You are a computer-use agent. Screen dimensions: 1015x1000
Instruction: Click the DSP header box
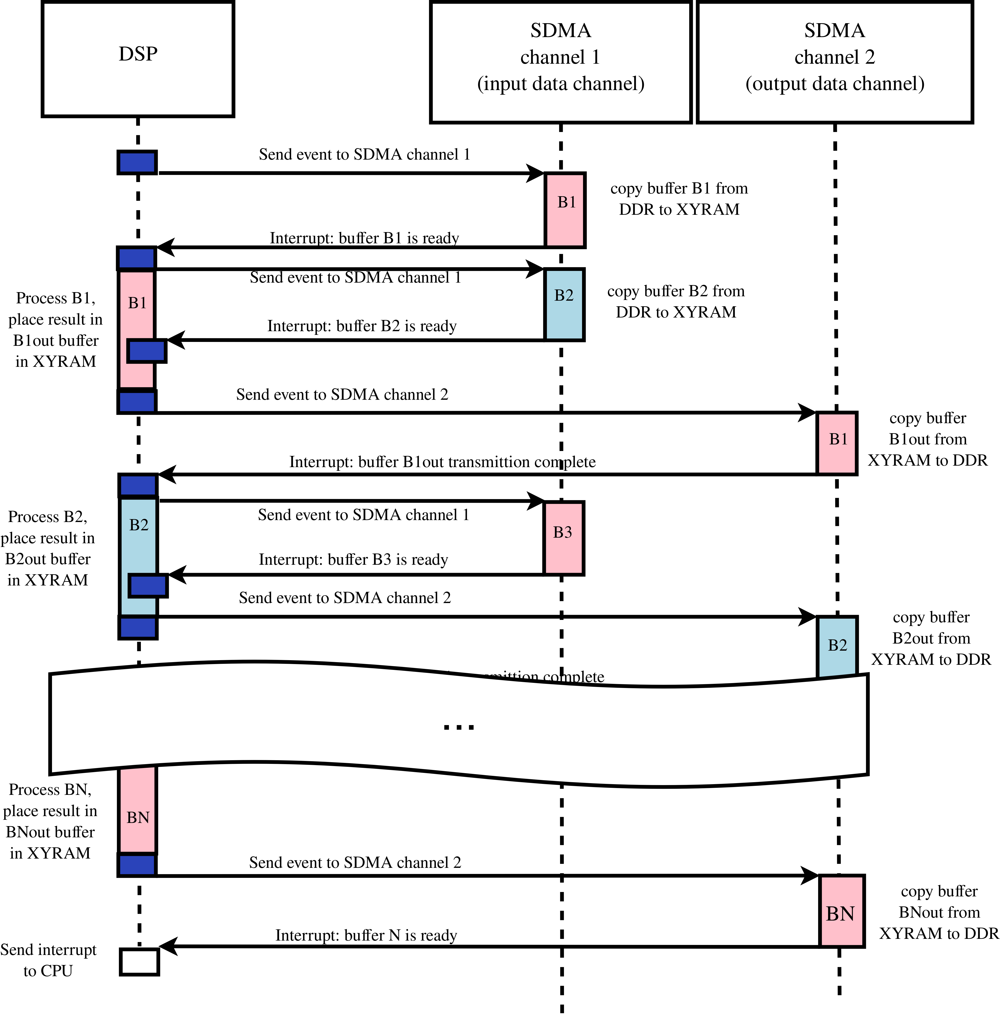pyautogui.click(x=138, y=59)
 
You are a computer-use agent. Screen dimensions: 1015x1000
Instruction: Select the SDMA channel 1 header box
pyautogui.click(x=560, y=62)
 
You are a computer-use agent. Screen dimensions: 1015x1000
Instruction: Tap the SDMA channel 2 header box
pyautogui.click(x=834, y=62)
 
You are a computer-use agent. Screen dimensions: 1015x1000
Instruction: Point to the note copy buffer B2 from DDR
pyautogui.click(x=676, y=301)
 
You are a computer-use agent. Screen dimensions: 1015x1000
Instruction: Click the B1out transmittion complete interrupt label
pyautogui.click(x=442, y=461)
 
